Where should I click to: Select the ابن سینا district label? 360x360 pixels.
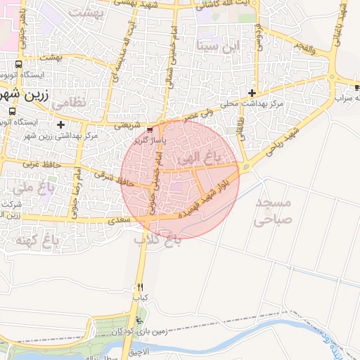pyautogui.click(x=219, y=46)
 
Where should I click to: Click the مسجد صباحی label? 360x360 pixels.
pyautogui.click(x=273, y=211)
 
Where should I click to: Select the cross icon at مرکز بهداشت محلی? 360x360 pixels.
pyautogui.click(x=252, y=93)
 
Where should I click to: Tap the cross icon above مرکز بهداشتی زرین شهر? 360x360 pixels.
pyautogui.click(x=60, y=124)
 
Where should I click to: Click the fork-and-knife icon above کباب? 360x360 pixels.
pyautogui.click(x=139, y=287)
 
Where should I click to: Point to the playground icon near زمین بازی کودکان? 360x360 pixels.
pyautogui.click(x=139, y=321)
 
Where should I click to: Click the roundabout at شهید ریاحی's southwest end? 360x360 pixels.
pyautogui.click(x=246, y=167)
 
